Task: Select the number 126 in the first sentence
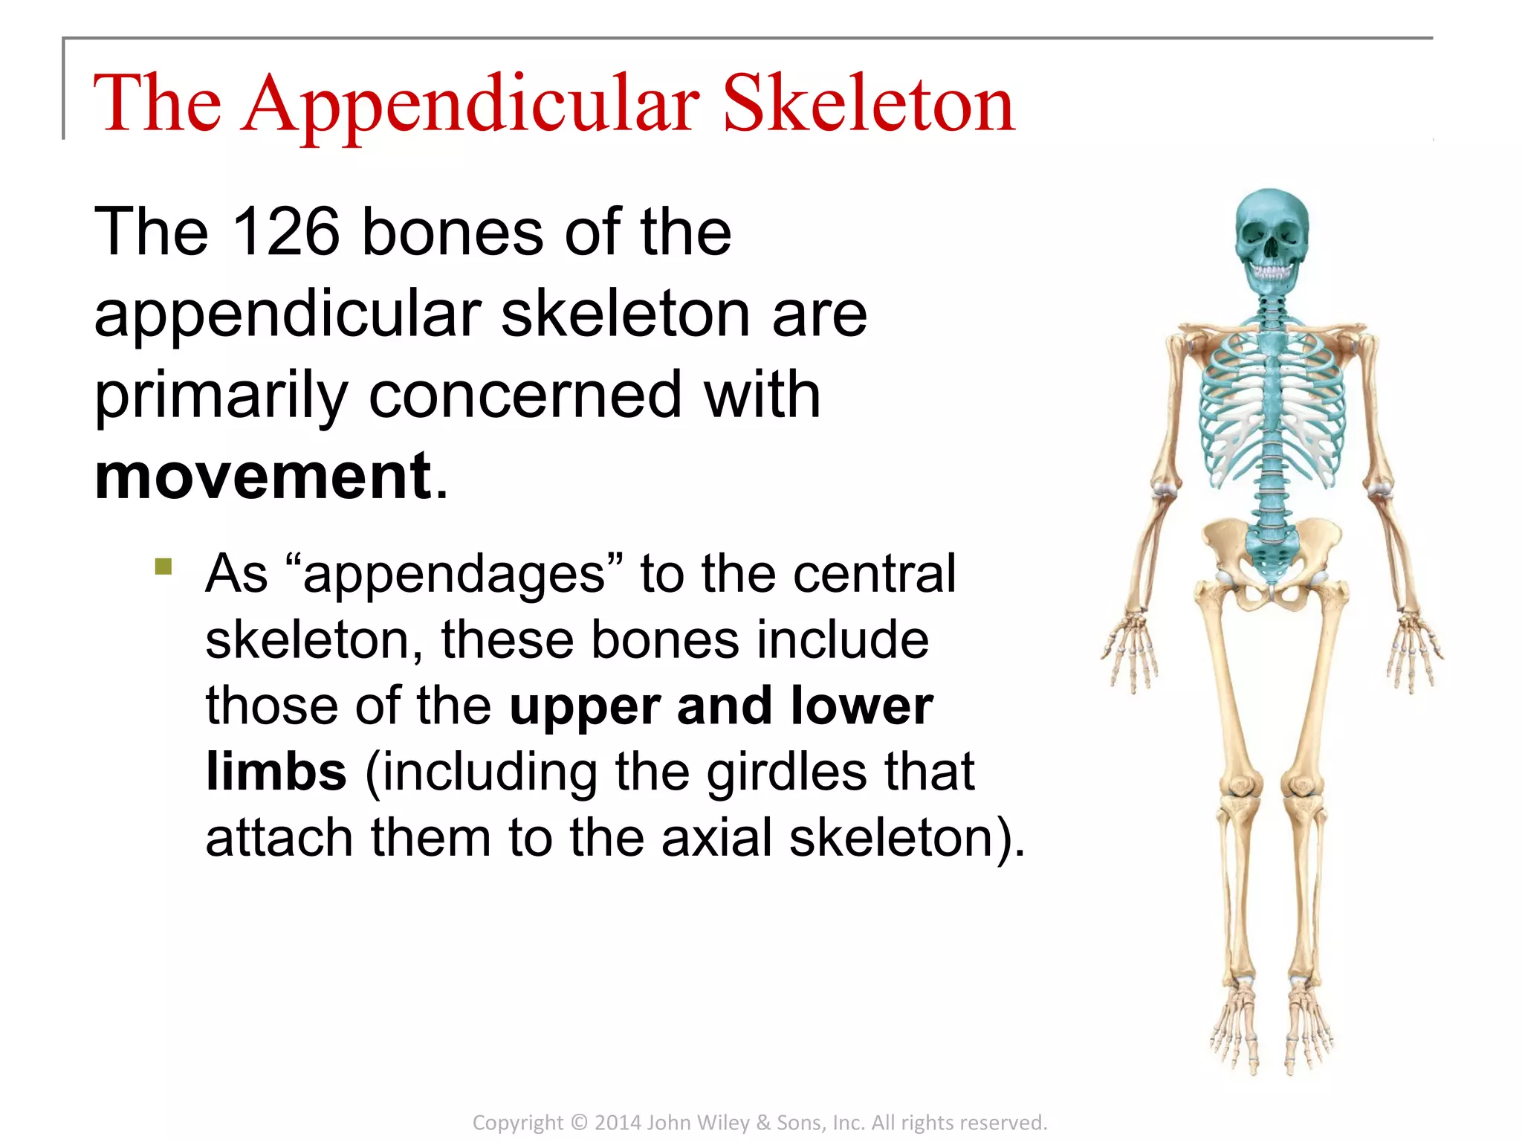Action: click(286, 232)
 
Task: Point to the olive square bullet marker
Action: click(163, 567)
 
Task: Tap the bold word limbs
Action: click(276, 771)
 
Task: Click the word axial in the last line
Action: click(716, 837)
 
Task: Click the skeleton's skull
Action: click(1271, 230)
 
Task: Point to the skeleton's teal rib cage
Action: click(1272, 405)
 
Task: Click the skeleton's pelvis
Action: click(1272, 554)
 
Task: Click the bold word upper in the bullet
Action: click(583, 706)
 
